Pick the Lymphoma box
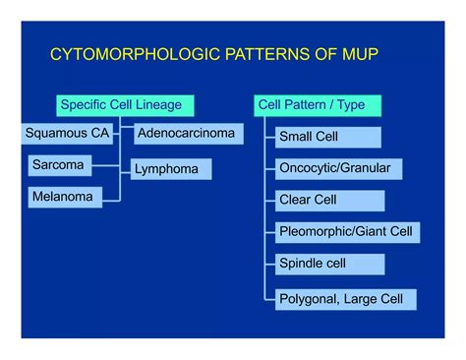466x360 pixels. click(171, 169)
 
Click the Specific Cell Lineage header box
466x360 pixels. click(123, 103)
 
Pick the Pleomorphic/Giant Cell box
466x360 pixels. click(347, 232)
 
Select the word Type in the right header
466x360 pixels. click(349, 103)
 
